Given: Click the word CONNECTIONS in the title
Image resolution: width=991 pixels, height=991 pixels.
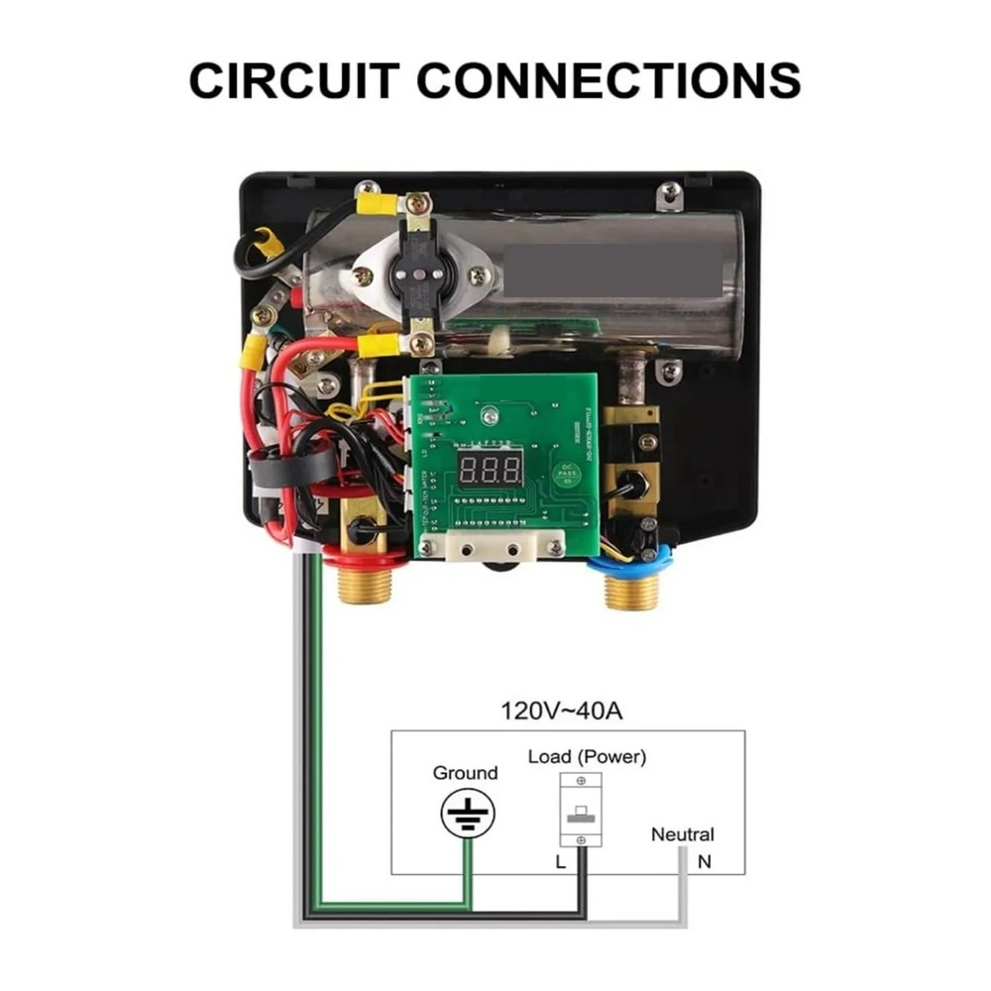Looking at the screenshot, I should click(608, 79).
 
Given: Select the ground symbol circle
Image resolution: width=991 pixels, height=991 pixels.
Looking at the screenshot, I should click(468, 815).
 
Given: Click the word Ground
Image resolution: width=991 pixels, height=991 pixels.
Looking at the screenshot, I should click(465, 773).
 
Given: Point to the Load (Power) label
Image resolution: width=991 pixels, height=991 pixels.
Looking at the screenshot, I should click(587, 757).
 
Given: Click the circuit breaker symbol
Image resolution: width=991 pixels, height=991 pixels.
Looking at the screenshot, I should click(581, 810).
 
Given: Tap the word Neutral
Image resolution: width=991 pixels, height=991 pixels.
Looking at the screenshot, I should click(682, 834).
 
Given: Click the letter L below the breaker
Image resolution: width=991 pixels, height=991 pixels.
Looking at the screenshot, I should click(560, 862).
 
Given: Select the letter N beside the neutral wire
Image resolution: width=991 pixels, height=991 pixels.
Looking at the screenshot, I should click(705, 862).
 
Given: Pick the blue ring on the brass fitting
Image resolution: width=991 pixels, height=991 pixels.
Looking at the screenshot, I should click(630, 563).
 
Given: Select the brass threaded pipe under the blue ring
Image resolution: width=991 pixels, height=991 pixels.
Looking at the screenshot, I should click(631, 592).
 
